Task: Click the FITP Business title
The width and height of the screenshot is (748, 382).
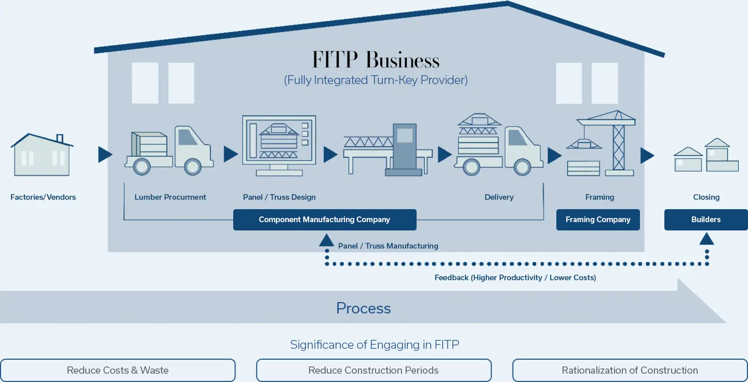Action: [376, 60]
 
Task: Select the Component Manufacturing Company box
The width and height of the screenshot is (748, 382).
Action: [325, 220]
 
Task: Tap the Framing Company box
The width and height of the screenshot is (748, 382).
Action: [598, 220]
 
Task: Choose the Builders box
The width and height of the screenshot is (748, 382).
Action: [706, 220]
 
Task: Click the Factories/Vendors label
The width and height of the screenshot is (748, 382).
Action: [43, 197]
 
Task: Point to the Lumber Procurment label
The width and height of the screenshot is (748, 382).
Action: [170, 197]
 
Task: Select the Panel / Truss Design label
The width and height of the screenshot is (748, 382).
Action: [279, 197]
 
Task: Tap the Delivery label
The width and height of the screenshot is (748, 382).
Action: [499, 197]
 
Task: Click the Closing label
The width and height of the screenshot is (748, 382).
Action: [706, 197]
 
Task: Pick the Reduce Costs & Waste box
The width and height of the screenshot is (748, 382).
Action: [118, 371]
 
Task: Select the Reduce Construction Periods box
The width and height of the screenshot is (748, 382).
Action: [373, 371]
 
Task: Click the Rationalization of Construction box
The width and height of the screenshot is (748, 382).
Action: [630, 371]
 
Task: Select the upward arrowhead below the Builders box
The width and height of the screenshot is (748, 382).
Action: [706, 239]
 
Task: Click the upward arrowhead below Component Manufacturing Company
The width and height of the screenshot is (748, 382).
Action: [326, 239]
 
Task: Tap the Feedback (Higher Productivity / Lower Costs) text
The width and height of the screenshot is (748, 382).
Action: [515, 278]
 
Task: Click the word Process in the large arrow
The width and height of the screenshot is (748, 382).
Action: [363, 308]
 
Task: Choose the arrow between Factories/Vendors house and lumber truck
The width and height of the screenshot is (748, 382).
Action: [105, 154]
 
